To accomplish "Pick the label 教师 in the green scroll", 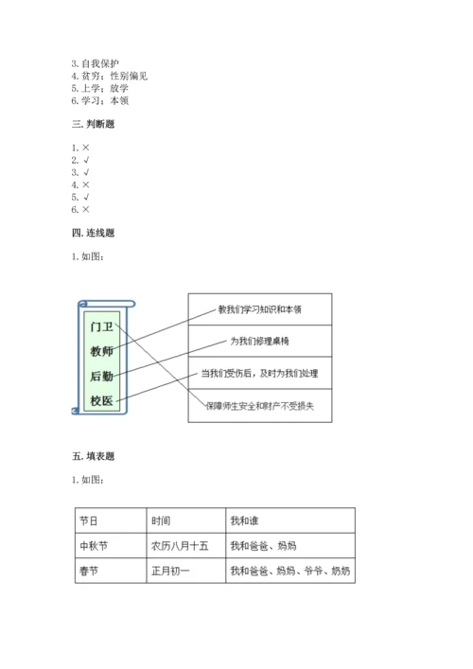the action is click(101, 352).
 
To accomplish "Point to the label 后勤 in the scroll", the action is click(101, 377).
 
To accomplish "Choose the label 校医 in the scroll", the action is click(101, 401).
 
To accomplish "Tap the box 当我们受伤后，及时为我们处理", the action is click(260, 374).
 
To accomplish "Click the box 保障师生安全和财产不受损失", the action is click(260, 406).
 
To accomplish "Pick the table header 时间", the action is click(161, 520).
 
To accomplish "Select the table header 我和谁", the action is click(243, 520).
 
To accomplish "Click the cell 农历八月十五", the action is click(180, 546).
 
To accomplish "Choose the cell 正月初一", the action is click(171, 572).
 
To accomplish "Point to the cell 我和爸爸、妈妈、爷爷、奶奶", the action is click(289, 572).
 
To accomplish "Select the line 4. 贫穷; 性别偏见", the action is click(110, 76).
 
